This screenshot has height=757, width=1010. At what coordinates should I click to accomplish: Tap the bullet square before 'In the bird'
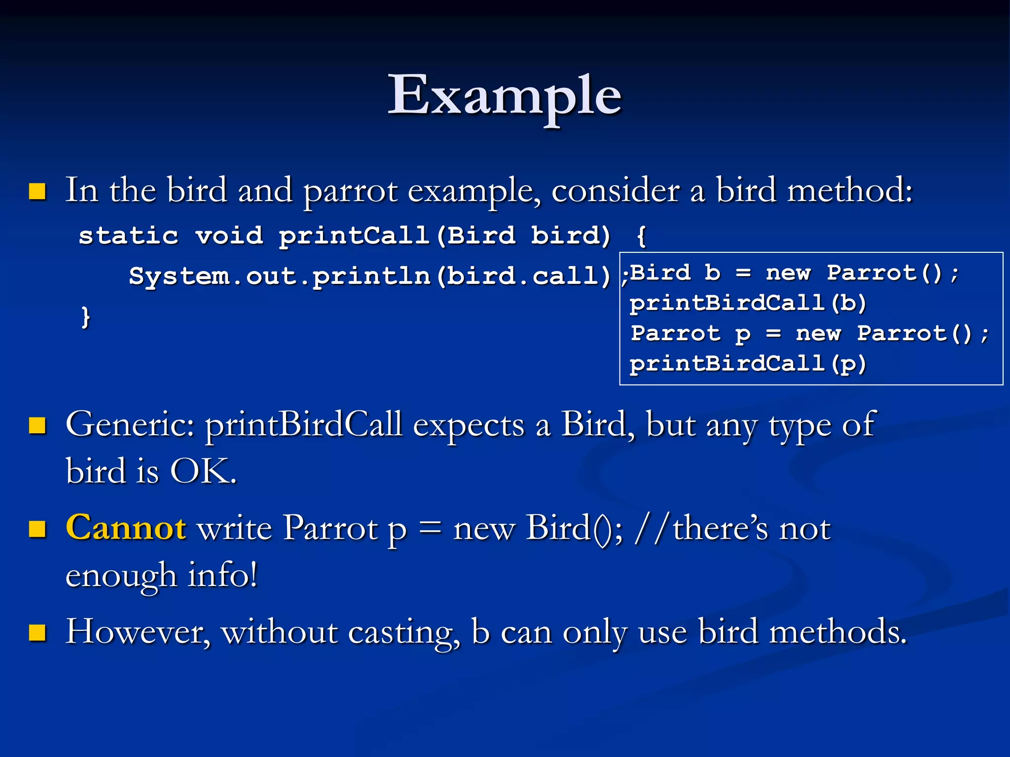(37, 191)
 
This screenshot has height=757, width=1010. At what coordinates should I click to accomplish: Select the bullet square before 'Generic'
(37, 425)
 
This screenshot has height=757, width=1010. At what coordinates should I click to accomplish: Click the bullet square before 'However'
(37, 632)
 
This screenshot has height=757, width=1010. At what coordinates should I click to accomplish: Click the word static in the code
(128, 236)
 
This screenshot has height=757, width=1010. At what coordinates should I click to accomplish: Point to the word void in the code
(229, 236)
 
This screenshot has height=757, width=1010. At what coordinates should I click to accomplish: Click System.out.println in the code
(280, 276)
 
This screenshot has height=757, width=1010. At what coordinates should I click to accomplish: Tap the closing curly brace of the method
(86, 317)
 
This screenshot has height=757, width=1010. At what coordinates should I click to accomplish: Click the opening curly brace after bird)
(641, 236)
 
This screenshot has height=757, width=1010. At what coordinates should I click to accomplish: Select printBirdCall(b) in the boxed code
(748, 303)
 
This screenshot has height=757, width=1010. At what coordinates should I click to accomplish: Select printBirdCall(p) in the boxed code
(748, 364)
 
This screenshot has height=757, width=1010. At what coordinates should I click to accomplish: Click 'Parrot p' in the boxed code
(690, 334)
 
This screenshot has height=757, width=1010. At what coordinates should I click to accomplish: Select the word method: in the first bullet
(850, 190)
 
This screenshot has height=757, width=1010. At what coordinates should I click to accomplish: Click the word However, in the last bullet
(138, 632)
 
